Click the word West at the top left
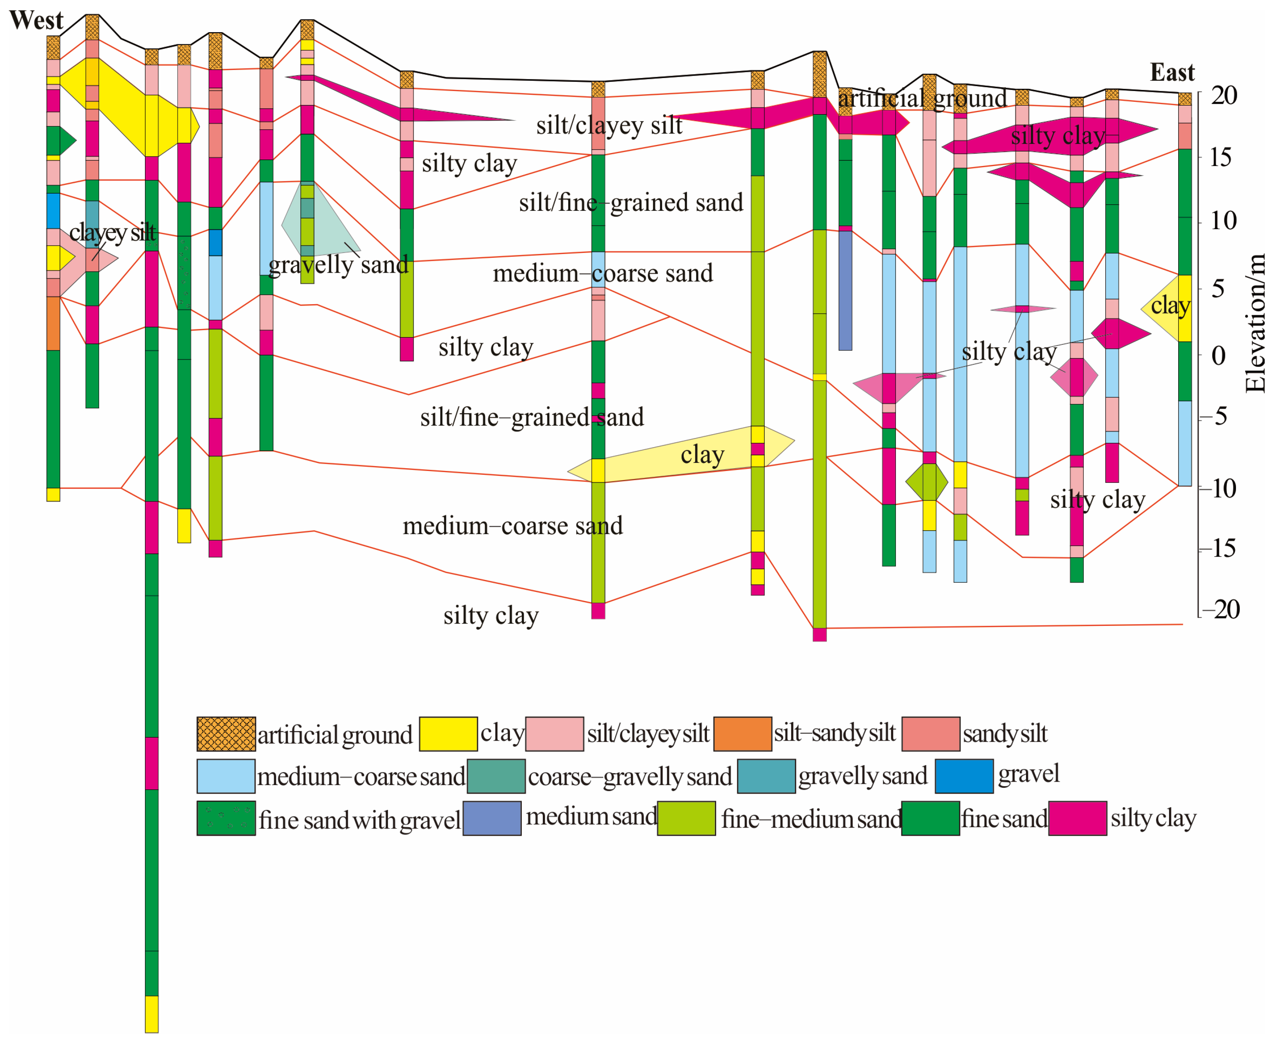[x=36, y=20]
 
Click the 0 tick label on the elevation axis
[x=1218, y=355]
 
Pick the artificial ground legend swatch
[x=226, y=733]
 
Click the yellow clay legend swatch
[x=448, y=733]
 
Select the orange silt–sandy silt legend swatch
[x=742, y=733]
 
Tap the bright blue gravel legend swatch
[x=964, y=775]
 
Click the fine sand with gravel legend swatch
[x=226, y=818]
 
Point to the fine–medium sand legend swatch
[x=686, y=818]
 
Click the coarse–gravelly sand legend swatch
[x=496, y=775]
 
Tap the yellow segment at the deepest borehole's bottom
[x=152, y=1013]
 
